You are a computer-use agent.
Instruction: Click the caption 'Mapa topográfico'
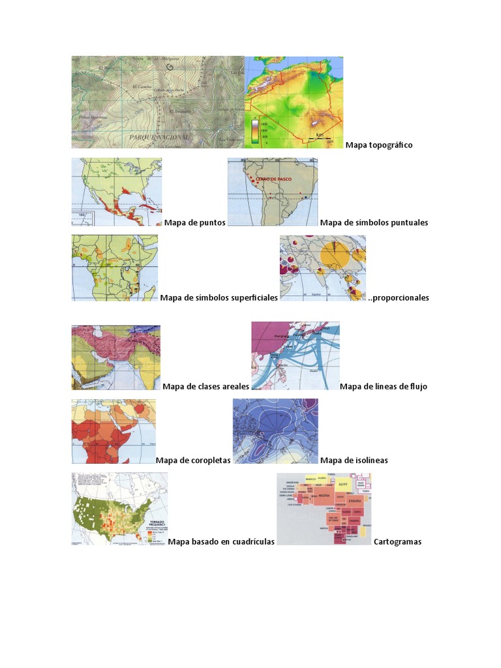pyautogui.click(x=379, y=145)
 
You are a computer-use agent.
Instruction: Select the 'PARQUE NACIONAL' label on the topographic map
pyautogui.click(x=159, y=137)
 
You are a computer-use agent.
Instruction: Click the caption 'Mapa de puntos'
pyautogui.click(x=194, y=222)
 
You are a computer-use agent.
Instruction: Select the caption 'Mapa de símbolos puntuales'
pyautogui.click(x=374, y=222)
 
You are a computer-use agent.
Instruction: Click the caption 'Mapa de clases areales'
pyautogui.click(x=205, y=386)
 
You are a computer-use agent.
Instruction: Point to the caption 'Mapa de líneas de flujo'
pyautogui.click(x=383, y=386)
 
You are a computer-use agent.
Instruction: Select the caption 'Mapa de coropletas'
pyautogui.click(x=193, y=460)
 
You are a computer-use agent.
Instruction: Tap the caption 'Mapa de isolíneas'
pyautogui.click(x=354, y=460)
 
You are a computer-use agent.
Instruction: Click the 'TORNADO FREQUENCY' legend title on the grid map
pyautogui.click(x=157, y=524)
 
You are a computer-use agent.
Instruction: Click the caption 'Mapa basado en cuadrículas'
pyautogui.click(x=220, y=541)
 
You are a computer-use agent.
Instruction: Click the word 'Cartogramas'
pyautogui.click(x=397, y=541)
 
